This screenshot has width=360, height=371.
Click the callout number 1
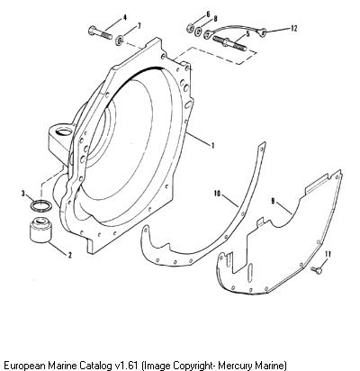tap(212, 146)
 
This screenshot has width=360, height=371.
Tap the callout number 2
tap(70, 255)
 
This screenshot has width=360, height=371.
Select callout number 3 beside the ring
tap(23, 194)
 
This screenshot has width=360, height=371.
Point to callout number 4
tap(125, 18)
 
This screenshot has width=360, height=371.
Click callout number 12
tap(293, 29)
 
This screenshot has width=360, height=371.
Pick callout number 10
tap(217, 195)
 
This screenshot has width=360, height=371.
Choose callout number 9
tap(273, 202)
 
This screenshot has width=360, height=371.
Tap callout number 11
tap(328, 254)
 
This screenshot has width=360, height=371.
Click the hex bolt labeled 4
tap(101, 32)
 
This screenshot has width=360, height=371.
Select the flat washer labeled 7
tap(120, 41)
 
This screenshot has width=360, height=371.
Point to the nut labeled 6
tap(190, 28)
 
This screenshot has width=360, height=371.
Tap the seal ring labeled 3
tap(40, 206)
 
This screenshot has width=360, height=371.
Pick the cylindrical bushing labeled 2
tap(40, 230)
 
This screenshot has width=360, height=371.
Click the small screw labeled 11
tap(317, 270)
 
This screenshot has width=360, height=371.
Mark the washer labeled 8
tap(199, 32)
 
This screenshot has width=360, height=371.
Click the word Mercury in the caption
tap(235, 366)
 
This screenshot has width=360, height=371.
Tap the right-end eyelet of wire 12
tap(262, 32)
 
